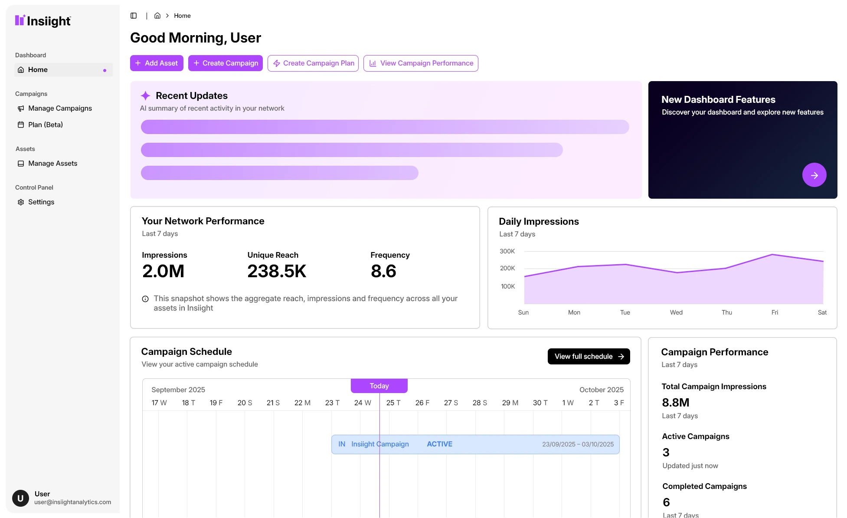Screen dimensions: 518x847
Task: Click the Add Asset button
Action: point(157,63)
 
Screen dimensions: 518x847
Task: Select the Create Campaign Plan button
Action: point(313,63)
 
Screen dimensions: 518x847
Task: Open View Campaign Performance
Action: point(421,63)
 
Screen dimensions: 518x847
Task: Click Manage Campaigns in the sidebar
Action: point(60,108)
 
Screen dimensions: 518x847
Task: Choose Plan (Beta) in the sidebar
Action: point(45,125)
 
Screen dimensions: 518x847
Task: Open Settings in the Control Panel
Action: point(41,202)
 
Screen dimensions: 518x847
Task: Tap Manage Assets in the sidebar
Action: point(52,163)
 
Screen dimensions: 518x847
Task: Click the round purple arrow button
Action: point(814,175)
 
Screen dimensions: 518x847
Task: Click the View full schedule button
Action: point(589,356)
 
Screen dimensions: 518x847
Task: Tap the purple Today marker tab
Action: point(379,386)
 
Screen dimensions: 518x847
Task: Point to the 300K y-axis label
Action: point(507,251)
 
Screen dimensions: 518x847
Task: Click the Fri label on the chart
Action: point(775,312)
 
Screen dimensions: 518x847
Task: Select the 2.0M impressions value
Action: point(164,271)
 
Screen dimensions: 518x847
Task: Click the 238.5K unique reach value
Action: point(277,271)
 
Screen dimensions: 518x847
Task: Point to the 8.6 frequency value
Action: point(383,271)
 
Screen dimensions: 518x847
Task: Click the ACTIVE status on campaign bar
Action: point(439,444)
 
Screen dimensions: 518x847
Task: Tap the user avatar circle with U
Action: point(20,498)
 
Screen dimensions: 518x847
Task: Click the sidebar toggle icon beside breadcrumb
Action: point(134,16)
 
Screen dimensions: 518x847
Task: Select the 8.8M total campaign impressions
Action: point(675,403)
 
